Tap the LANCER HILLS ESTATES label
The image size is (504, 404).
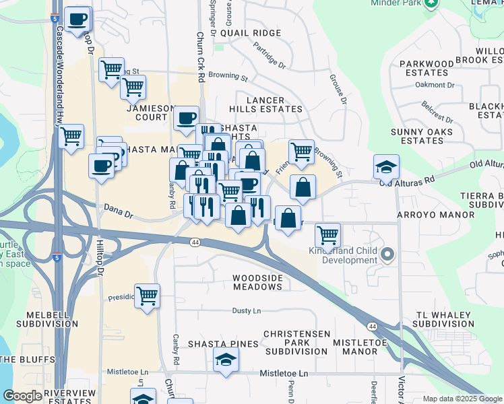tap(265, 104)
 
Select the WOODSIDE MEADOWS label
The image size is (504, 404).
tap(257, 281)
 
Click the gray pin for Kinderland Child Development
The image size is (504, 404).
tap(387, 255)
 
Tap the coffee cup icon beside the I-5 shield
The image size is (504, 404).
tap(77, 20)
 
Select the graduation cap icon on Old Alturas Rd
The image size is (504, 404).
tap(386, 166)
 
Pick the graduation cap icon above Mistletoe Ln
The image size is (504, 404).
tap(226, 360)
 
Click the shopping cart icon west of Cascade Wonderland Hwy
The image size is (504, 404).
tap(71, 137)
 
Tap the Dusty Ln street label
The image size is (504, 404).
tap(246, 310)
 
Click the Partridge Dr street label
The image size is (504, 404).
tap(270, 57)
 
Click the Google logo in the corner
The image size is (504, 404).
tap(22, 396)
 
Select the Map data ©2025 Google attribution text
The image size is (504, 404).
tap(462, 399)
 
